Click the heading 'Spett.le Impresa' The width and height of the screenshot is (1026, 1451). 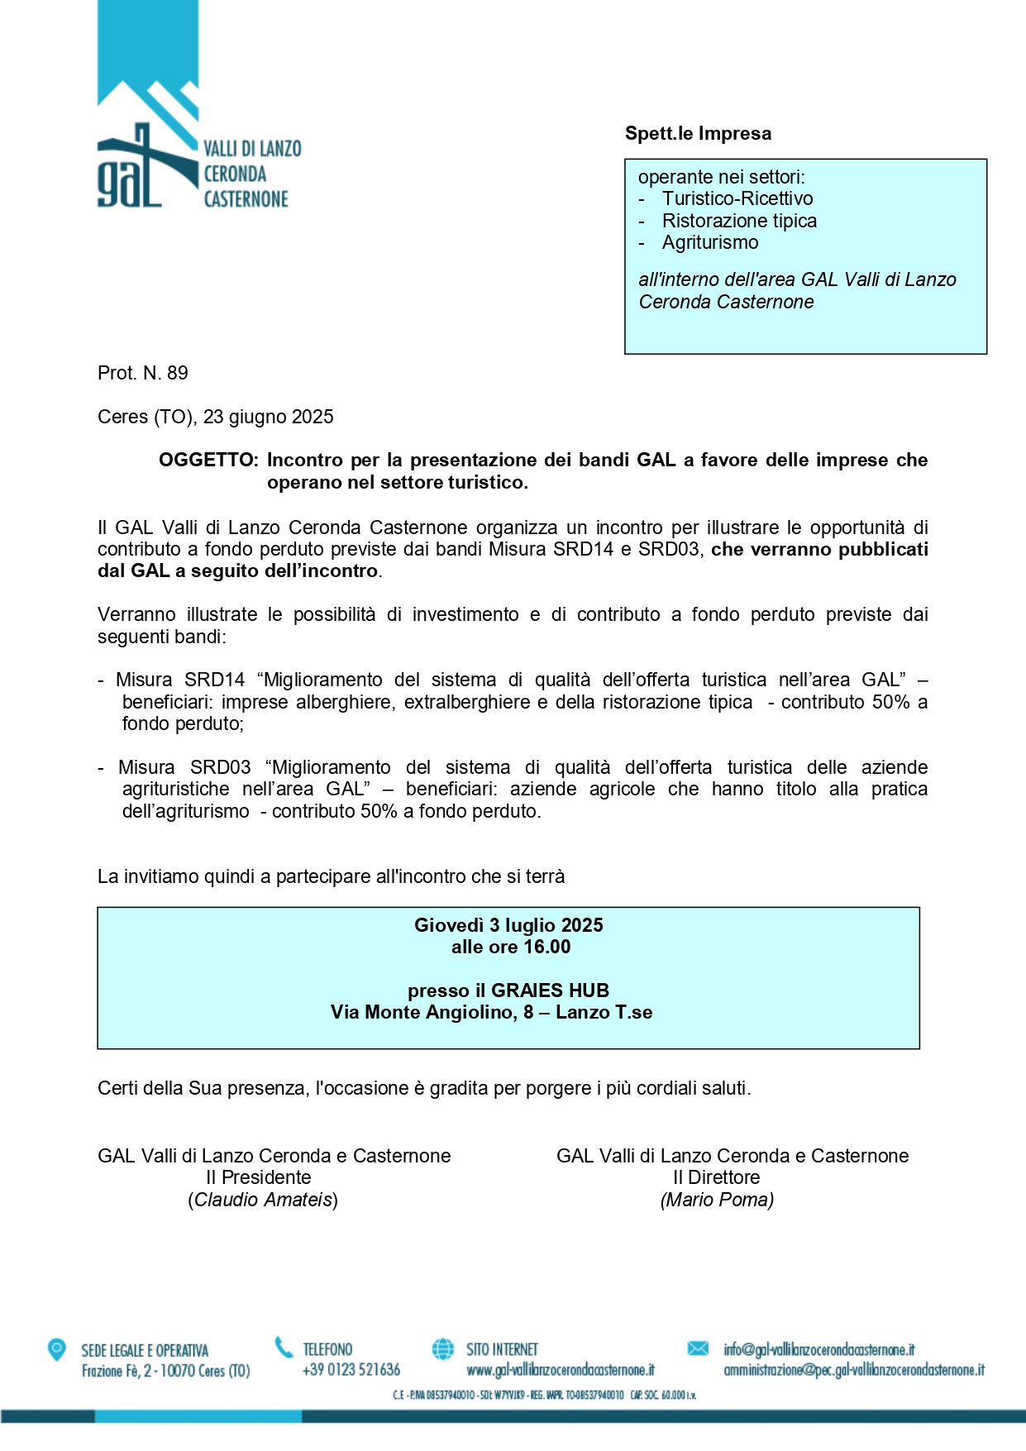click(x=698, y=134)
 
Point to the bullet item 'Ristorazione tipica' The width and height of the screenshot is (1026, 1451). click(x=739, y=221)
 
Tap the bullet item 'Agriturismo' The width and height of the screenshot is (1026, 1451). click(x=709, y=242)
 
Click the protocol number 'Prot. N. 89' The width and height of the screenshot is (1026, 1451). click(x=143, y=373)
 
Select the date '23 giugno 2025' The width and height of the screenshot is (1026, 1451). click(x=268, y=417)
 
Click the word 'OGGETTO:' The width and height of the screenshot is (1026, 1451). click(x=208, y=460)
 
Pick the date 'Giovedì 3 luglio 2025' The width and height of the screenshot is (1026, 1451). click(x=508, y=925)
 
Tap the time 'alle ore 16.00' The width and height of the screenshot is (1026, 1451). click(x=510, y=947)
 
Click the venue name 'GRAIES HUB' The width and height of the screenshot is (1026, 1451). click(x=550, y=990)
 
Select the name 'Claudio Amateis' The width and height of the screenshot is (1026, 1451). click(x=263, y=1200)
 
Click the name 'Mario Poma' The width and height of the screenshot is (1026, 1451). click(x=717, y=1200)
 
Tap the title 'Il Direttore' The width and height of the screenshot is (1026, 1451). click(x=716, y=1177)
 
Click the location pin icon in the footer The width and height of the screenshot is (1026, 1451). click(x=56, y=1349)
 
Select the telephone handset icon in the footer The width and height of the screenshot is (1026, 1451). click(x=284, y=1348)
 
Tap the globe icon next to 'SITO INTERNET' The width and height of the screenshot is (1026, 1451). click(x=443, y=1348)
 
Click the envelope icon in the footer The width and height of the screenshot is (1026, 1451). click(x=698, y=1348)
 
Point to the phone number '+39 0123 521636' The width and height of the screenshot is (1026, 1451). click(x=351, y=1369)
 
